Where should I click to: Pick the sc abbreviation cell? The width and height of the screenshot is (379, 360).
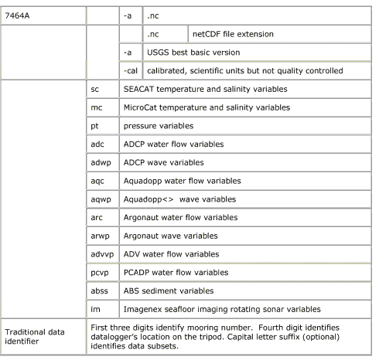pyautogui.click(x=100, y=89)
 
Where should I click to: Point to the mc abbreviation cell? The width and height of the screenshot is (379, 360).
pyautogui.click(x=100, y=107)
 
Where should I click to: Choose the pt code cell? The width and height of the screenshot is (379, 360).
pyautogui.click(x=100, y=125)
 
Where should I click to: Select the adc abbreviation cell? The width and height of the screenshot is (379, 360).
pyautogui.click(x=100, y=144)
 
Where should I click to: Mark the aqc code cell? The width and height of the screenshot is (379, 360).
pyautogui.click(x=100, y=181)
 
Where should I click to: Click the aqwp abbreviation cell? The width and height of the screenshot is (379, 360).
pyautogui.click(x=100, y=199)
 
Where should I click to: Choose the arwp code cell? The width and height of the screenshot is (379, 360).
pyautogui.click(x=100, y=236)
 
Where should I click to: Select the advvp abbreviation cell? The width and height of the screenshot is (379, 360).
pyautogui.click(x=100, y=254)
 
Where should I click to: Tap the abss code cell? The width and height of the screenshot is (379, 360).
pyautogui.click(x=100, y=291)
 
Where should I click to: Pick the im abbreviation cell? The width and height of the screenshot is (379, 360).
pyautogui.click(x=100, y=310)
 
